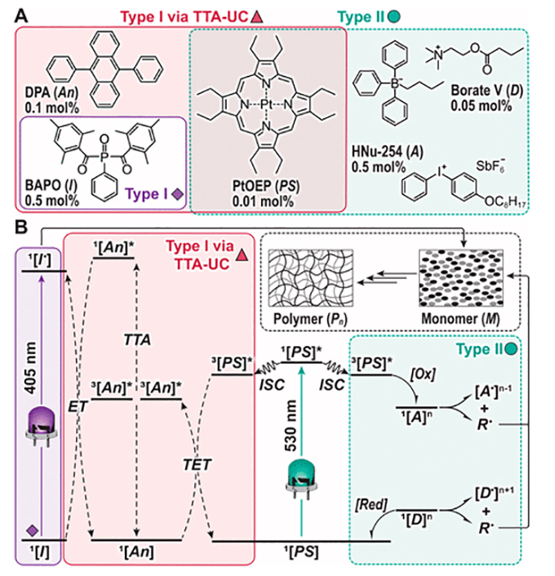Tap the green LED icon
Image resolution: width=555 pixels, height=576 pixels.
coord(305,476)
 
